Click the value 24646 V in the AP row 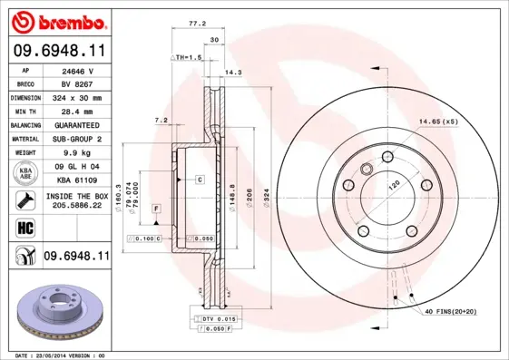75,70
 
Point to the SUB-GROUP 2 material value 75,139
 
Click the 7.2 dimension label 161,120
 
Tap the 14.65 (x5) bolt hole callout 438,120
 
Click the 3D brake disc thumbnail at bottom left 57,311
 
